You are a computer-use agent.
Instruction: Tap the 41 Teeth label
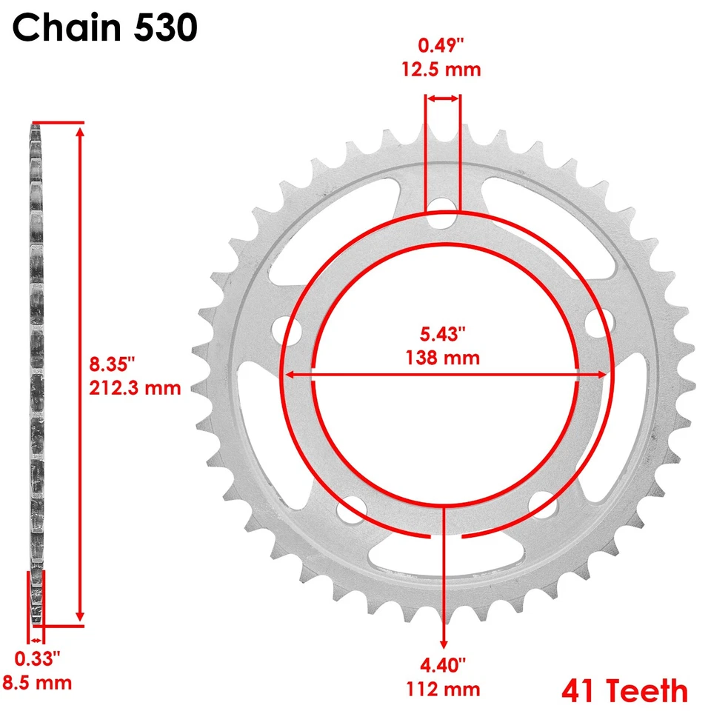[x=624, y=690]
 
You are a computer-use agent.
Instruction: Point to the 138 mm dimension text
[x=443, y=358]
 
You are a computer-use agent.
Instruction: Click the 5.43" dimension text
[x=443, y=334]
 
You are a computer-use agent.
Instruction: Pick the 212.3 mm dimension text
[x=136, y=387]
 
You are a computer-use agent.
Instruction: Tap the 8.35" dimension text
[x=113, y=364]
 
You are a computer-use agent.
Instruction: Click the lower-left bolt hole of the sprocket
[x=347, y=510]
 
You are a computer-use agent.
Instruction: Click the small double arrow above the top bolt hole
[x=443, y=98]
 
